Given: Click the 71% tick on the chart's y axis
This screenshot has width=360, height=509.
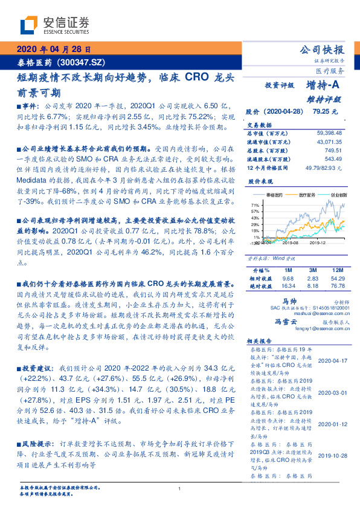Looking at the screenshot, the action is [256, 206].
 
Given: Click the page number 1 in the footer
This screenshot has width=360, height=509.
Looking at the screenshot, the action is [180, 490].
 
